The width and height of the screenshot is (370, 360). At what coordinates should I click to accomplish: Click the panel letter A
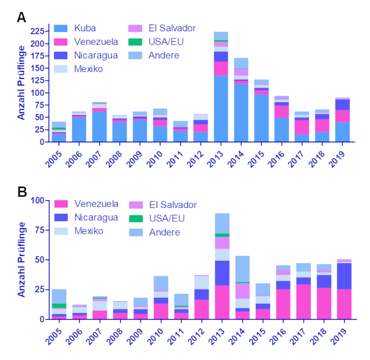(x=21, y=17)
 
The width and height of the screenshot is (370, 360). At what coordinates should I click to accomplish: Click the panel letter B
(x=21, y=192)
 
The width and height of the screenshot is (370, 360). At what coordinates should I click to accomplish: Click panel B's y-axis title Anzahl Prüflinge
(x=21, y=260)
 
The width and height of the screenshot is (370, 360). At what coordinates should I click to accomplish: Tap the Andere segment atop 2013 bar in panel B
(x=220, y=224)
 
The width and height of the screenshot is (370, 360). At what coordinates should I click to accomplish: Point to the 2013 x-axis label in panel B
(x=220, y=336)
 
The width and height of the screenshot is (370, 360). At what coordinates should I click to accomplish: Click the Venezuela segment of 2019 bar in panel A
(x=342, y=116)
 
